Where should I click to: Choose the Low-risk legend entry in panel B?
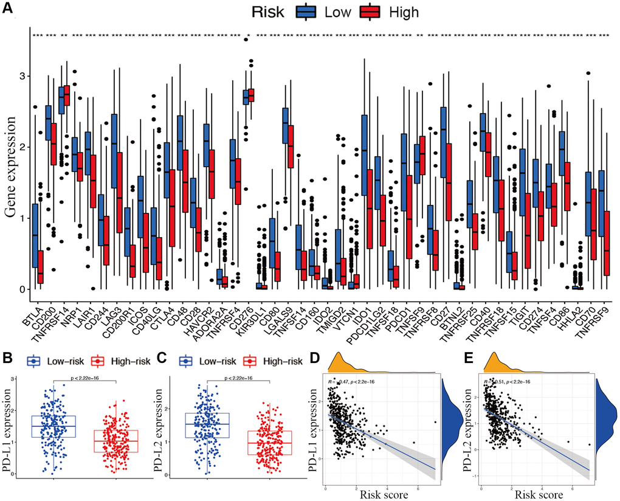point(55,361)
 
